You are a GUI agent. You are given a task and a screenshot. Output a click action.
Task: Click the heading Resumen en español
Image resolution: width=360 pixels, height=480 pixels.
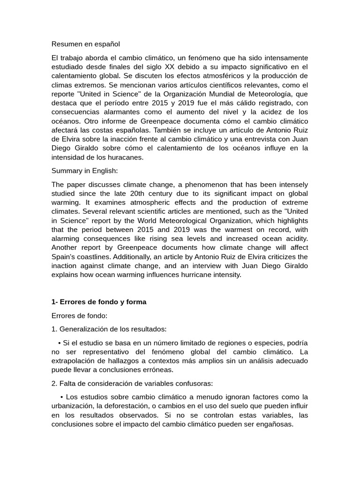click(86, 44)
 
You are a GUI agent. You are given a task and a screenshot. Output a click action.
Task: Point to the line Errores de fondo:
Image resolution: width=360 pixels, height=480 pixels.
click(79, 316)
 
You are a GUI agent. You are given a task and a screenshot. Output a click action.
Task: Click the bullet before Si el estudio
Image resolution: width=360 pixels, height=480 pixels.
click(60, 343)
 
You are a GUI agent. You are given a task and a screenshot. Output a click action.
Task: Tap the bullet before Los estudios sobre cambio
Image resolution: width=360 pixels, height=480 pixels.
click(62, 384)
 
